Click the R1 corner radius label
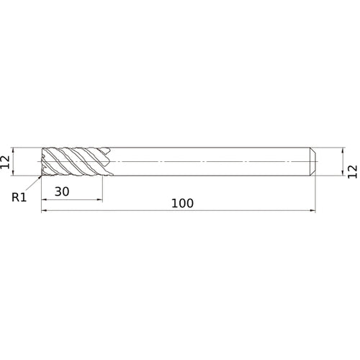19,195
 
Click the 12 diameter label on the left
6,162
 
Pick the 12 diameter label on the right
352,171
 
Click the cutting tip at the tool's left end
42,162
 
